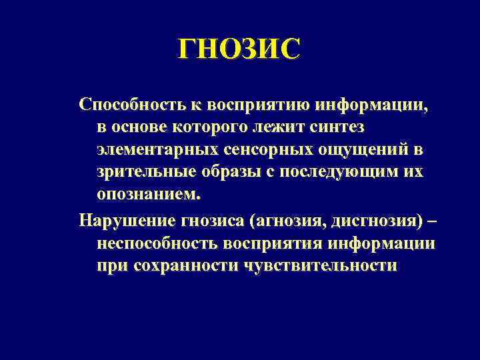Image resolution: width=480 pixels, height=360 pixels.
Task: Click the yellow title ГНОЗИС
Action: point(239,49)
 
